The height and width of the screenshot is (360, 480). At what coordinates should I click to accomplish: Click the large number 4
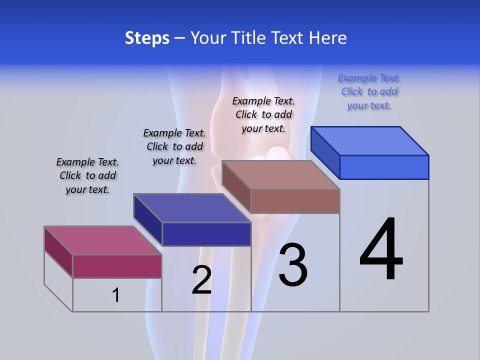coord(381,249)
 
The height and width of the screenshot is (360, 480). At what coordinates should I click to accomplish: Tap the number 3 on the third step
coord(292,265)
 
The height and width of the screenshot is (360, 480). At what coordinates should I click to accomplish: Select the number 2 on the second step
coord(201,280)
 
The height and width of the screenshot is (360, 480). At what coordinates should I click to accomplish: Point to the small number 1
coord(115,295)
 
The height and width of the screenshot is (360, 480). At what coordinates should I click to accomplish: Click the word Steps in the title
coord(147,38)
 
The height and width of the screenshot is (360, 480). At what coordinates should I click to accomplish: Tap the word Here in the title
coord(328,38)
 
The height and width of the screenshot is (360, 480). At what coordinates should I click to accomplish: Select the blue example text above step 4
coord(369,92)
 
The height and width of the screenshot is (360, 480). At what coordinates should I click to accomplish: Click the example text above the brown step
coord(264,114)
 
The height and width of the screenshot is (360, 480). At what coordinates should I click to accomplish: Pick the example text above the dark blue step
coord(174,146)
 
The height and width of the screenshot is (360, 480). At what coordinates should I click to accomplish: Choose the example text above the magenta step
coord(87,175)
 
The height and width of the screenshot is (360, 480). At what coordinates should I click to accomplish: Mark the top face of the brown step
coord(280,175)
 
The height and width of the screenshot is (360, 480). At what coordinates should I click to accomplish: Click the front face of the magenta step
coord(117,266)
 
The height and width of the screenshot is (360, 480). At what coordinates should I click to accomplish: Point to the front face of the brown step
coord(295,201)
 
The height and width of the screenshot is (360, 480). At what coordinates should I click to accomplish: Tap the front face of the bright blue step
coord(384,167)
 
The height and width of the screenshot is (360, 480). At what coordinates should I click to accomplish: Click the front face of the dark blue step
coord(206,234)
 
